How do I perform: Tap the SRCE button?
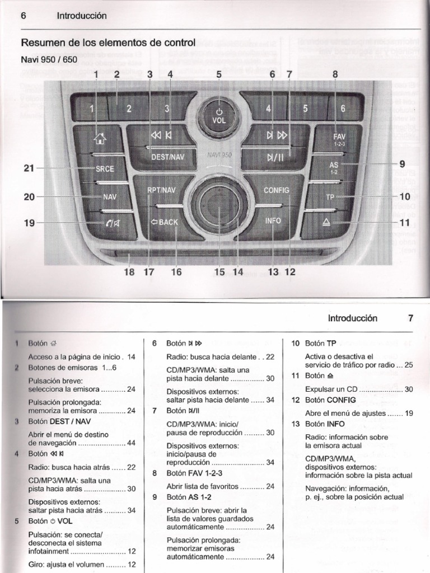coord(105,168)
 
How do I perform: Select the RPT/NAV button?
coord(161,190)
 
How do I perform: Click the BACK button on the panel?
coord(164,222)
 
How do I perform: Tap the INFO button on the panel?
coord(273,220)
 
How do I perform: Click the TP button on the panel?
coord(330,197)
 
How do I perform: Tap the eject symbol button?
coord(327,223)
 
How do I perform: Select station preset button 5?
coord(305,109)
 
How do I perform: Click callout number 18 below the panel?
coord(129,272)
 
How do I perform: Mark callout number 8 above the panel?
coord(335,73)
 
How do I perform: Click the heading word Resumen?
coord(40,43)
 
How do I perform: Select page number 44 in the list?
coord(132,443)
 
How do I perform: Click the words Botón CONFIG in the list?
coord(327,400)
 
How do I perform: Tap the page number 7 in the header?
coord(410,318)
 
